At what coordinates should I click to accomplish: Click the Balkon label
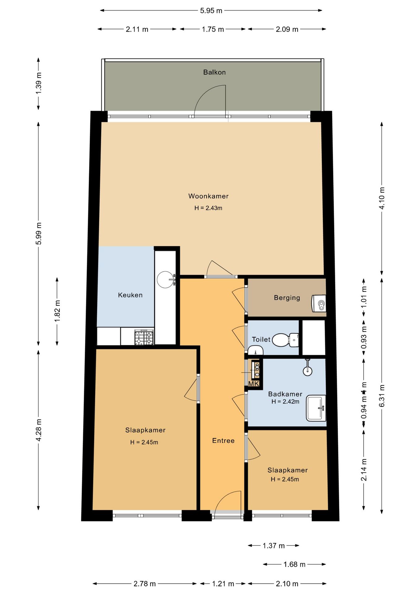point(214,72)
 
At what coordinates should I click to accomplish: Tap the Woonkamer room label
point(208,196)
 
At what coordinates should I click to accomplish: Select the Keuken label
point(130,295)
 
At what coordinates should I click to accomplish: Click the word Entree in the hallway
point(223,440)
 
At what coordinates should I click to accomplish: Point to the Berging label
point(287,298)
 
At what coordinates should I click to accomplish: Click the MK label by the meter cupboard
point(254,384)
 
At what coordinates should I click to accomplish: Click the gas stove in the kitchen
point(144,337)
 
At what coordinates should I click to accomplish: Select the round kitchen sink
point(165,279)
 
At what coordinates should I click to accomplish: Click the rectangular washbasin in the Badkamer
point(316,408)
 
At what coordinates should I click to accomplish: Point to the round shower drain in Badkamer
point(307,371)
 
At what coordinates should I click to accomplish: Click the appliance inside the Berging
point(319,303)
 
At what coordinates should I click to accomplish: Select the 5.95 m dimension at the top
point(211,11)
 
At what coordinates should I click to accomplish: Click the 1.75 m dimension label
point(213,29)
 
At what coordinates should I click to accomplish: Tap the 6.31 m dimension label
point(382,396)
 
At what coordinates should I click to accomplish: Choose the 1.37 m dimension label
point(274,545)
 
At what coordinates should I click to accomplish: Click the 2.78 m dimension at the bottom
point(145,583)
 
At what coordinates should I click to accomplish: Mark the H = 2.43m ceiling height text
point(208,208)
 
